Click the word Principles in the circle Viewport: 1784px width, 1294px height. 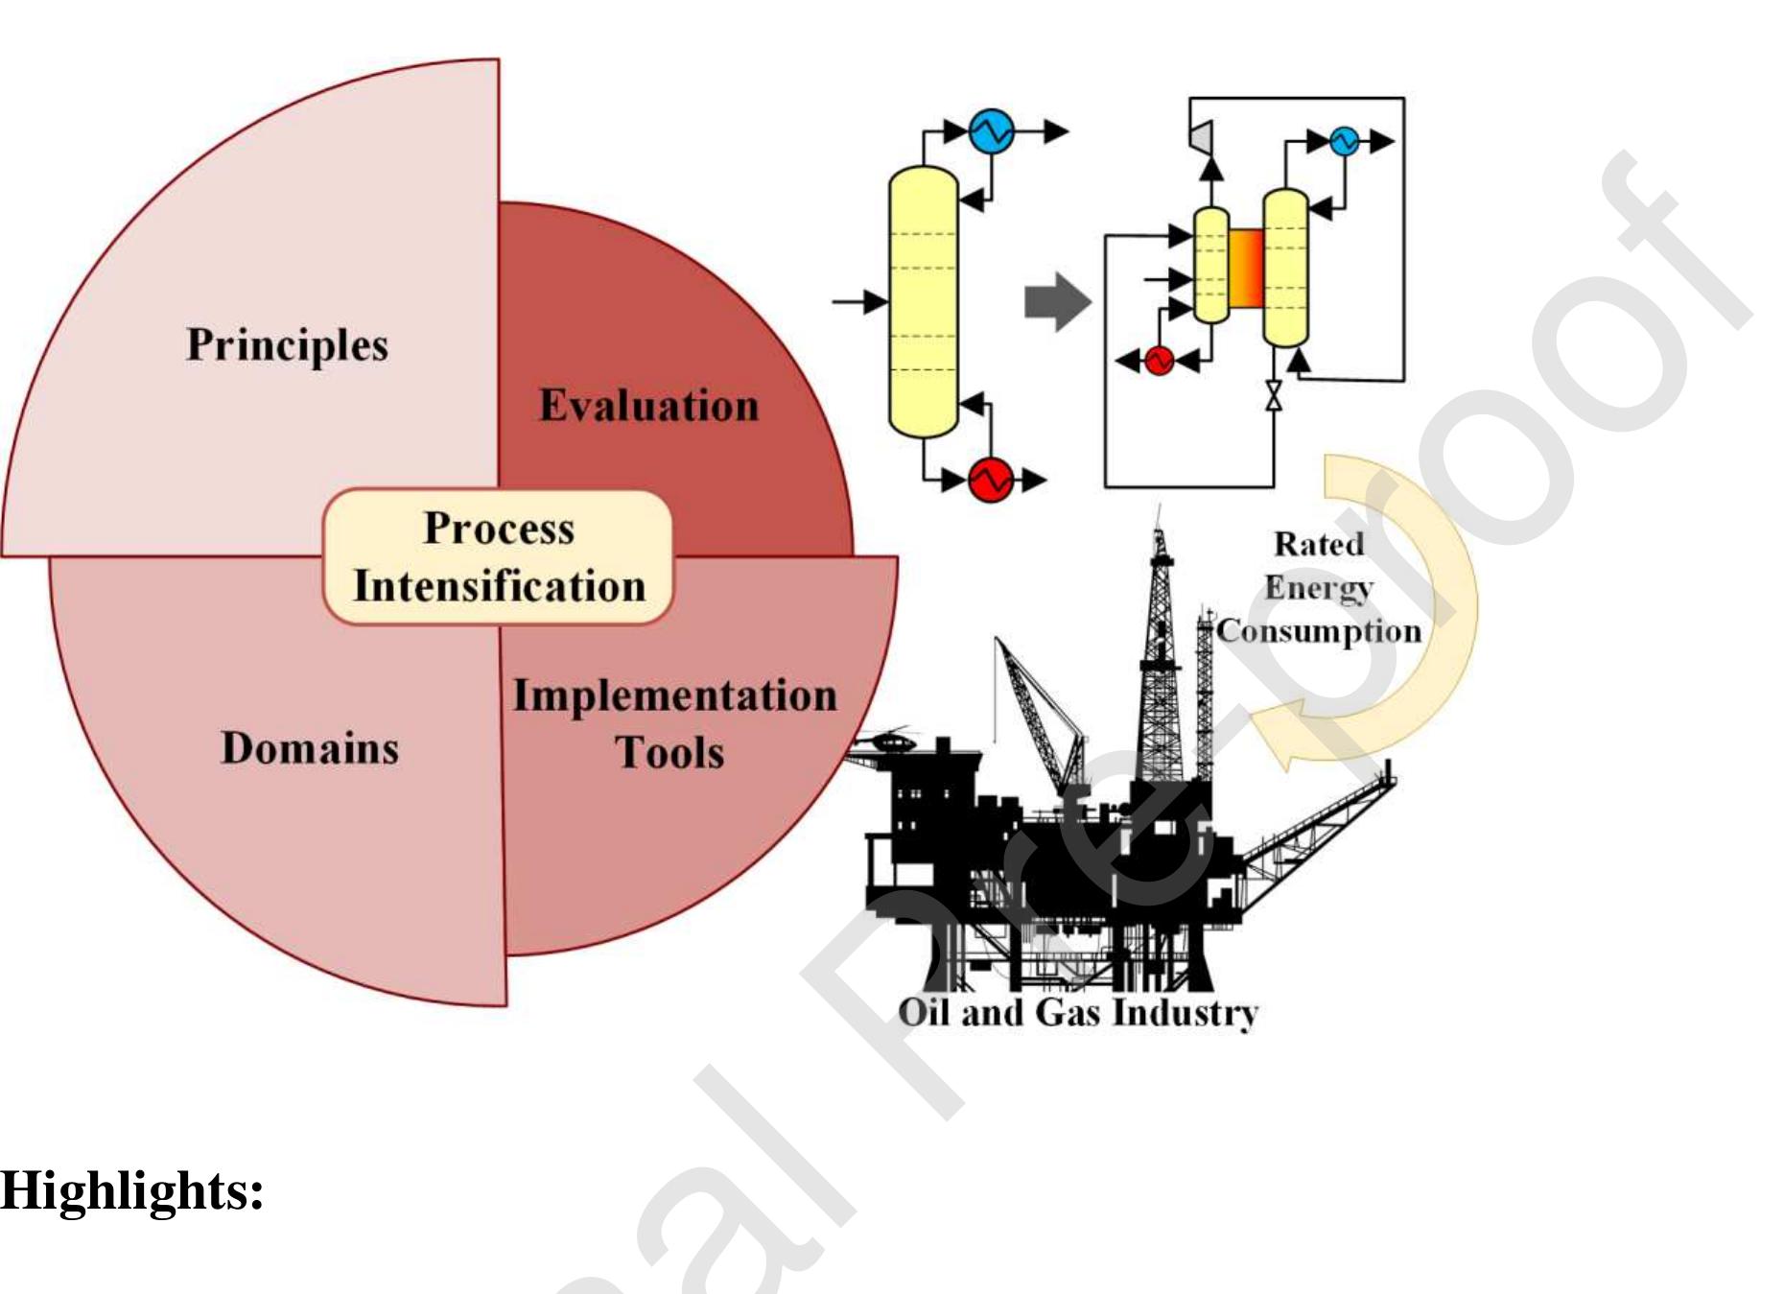(x=287, y=345)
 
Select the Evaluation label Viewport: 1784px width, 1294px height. (x=648, y=406)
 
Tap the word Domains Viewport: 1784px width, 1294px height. (x=309, y=748)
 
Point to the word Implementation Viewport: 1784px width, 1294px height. (x=674, y=695)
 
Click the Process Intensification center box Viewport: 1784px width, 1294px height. (x=498, y=557)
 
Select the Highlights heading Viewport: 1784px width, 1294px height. (x=132, y=1191)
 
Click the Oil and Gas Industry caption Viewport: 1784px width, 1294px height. (x=1077, y=1013)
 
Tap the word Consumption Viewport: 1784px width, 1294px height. (x=1319, y=631)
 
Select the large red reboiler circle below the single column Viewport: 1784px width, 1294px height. (x=991, y=479)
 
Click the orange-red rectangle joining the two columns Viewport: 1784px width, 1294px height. (x=1245, y=269)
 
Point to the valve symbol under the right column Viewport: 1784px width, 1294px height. (x=1274, y=395)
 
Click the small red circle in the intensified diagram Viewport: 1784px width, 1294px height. (x=1159, y=361)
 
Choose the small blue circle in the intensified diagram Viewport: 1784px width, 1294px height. (x=1344, y=141)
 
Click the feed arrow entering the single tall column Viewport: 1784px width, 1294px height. (x=859, y=302)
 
